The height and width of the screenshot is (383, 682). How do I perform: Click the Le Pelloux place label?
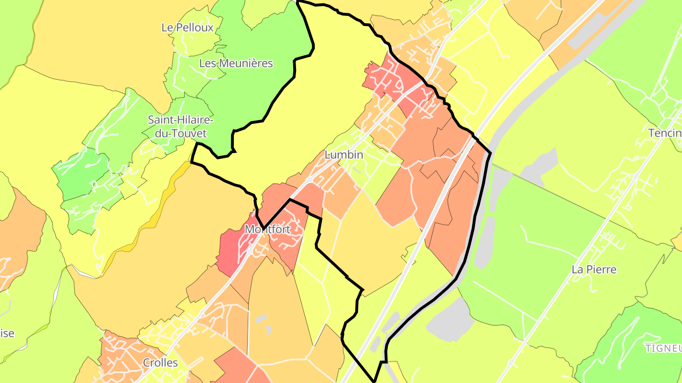tap(188, 27)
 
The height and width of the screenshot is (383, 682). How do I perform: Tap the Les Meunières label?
tap(236, 63)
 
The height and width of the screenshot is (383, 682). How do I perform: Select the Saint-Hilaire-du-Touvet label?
tap(177, 126)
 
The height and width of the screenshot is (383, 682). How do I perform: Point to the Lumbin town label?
tap(344, 155)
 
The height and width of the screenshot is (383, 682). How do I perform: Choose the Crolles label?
tap(160, 363)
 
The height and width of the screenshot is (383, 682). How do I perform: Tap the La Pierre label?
tap(594, 270)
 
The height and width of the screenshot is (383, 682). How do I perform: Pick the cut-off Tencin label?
tap(665, 133)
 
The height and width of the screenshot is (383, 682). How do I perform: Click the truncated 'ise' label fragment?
tap(7, 333)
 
